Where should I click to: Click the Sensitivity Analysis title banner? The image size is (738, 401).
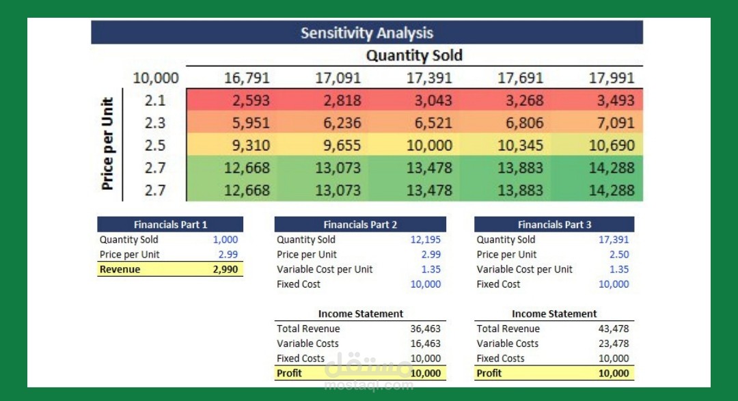(x=367, y=33)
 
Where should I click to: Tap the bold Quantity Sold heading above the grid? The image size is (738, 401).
(x=414, y=55)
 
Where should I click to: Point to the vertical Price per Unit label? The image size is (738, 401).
(x=107, y=145)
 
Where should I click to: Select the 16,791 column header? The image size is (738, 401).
(x=247, y=78)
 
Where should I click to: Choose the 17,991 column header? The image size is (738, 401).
(x=612, y=78)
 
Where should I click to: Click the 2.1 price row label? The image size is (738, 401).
(x=155, y=100)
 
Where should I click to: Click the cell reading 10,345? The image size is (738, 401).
(x=521, y=146)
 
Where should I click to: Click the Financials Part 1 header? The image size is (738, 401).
(x=170, y=224)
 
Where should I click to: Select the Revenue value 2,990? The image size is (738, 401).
(x=225, y=269)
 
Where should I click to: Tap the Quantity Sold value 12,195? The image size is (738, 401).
(x=426, y=240)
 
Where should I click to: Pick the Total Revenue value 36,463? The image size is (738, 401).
(x=426, y=329)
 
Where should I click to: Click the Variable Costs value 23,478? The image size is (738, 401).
(x=614, y=344)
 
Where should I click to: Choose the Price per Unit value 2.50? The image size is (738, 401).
(x=618, y=254)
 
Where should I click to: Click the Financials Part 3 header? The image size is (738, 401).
(x=554, y=224)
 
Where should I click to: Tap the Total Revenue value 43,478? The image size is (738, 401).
(x=614, y=329)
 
